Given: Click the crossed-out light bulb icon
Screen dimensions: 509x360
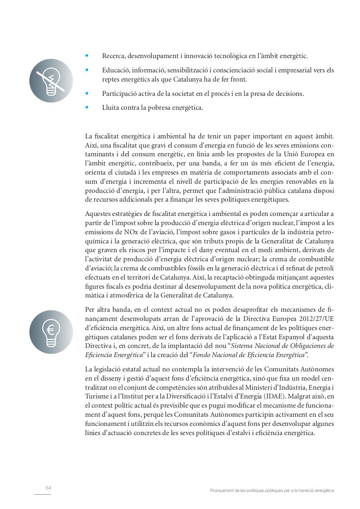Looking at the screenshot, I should point(51,81).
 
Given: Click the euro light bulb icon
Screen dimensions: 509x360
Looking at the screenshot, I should point(51,332).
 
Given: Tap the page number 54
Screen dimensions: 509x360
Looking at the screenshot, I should point(48,488).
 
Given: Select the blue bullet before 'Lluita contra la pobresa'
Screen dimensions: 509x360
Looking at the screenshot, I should point(87,107).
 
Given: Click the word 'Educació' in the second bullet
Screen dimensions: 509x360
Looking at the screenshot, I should point(114,70).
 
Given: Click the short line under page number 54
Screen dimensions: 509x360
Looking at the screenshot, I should point(43,495).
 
